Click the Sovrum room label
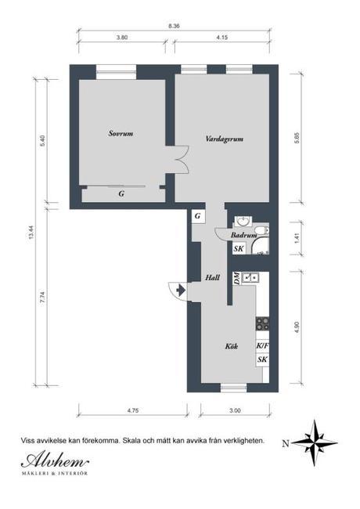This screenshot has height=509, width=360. (121, 133)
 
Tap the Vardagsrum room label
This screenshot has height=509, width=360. (225, 139)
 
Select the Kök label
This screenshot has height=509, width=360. (232, 346)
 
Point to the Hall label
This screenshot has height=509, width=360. (212, 277)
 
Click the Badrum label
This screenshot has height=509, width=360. (243, 235)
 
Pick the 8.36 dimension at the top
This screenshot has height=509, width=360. (174, 26)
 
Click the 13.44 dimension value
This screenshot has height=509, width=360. (31, 232)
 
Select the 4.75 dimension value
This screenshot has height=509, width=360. (132, 410)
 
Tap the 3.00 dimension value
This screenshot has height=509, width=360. (235, 410)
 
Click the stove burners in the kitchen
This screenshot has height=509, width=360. (262, 323)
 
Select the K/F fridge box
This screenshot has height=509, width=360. (262, 346)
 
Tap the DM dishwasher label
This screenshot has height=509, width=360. (237, 278)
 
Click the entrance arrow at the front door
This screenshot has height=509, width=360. (181, 290)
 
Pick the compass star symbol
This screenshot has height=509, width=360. (315, 442)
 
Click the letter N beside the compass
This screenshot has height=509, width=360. (286, 443)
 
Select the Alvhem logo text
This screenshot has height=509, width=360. (55, 460)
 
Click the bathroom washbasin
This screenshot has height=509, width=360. (243, 221)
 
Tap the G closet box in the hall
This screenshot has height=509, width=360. (198, 216)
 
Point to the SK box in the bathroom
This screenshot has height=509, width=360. (239, 249)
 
